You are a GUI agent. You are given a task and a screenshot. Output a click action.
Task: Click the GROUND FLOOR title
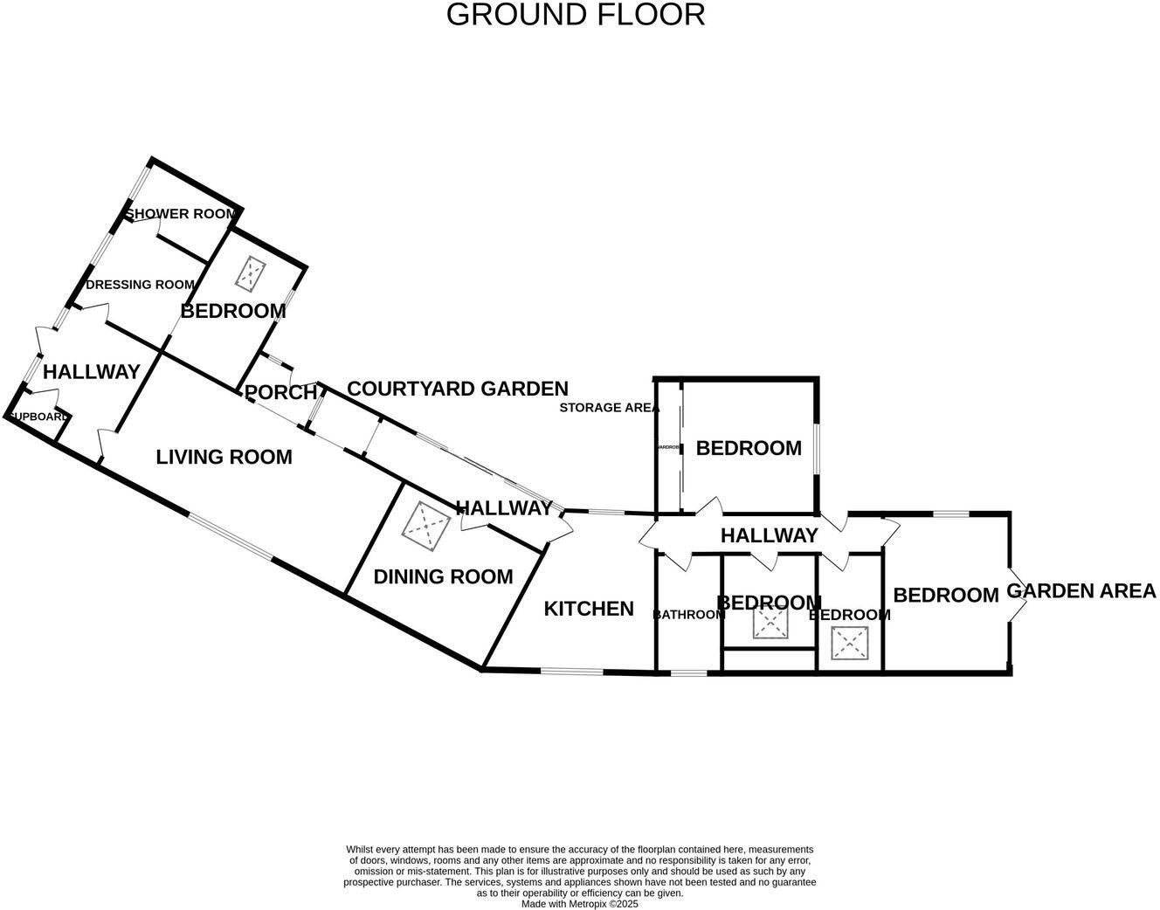(575, 15)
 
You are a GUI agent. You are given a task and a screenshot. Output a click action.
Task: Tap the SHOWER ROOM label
(181, 214)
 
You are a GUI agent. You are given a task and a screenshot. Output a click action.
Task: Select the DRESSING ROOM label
(140, 285)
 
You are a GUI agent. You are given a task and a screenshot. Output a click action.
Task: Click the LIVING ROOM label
(224, 457)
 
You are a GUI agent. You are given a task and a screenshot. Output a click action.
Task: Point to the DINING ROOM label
(443, 577)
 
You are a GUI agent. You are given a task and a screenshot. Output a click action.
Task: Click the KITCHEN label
(589, 609)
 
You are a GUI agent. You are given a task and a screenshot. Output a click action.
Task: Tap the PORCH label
(280, 393)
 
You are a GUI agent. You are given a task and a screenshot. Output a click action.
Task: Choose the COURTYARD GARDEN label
(458, 389)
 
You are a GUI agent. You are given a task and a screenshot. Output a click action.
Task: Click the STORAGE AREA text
(609, 408)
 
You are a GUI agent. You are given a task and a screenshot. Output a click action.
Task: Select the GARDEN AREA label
(1081, 591)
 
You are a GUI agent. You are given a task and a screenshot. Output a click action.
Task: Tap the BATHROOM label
(689, 615)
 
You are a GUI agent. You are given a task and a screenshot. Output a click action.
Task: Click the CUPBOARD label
(38, 417)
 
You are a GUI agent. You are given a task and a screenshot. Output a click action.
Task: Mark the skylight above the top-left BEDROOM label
(251, 273)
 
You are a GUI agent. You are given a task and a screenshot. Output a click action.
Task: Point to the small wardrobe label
(668, 447)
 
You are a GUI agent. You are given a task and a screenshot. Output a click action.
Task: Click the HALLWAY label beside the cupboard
(92, 372)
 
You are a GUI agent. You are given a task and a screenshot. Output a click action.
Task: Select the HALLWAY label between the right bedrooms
(769, 535)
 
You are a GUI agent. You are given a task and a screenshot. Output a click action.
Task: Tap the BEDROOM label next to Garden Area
(945, 596)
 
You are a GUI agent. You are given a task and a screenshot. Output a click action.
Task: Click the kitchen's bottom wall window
(571, 672)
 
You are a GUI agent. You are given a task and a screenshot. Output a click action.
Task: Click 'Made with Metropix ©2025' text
(580, 904)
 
